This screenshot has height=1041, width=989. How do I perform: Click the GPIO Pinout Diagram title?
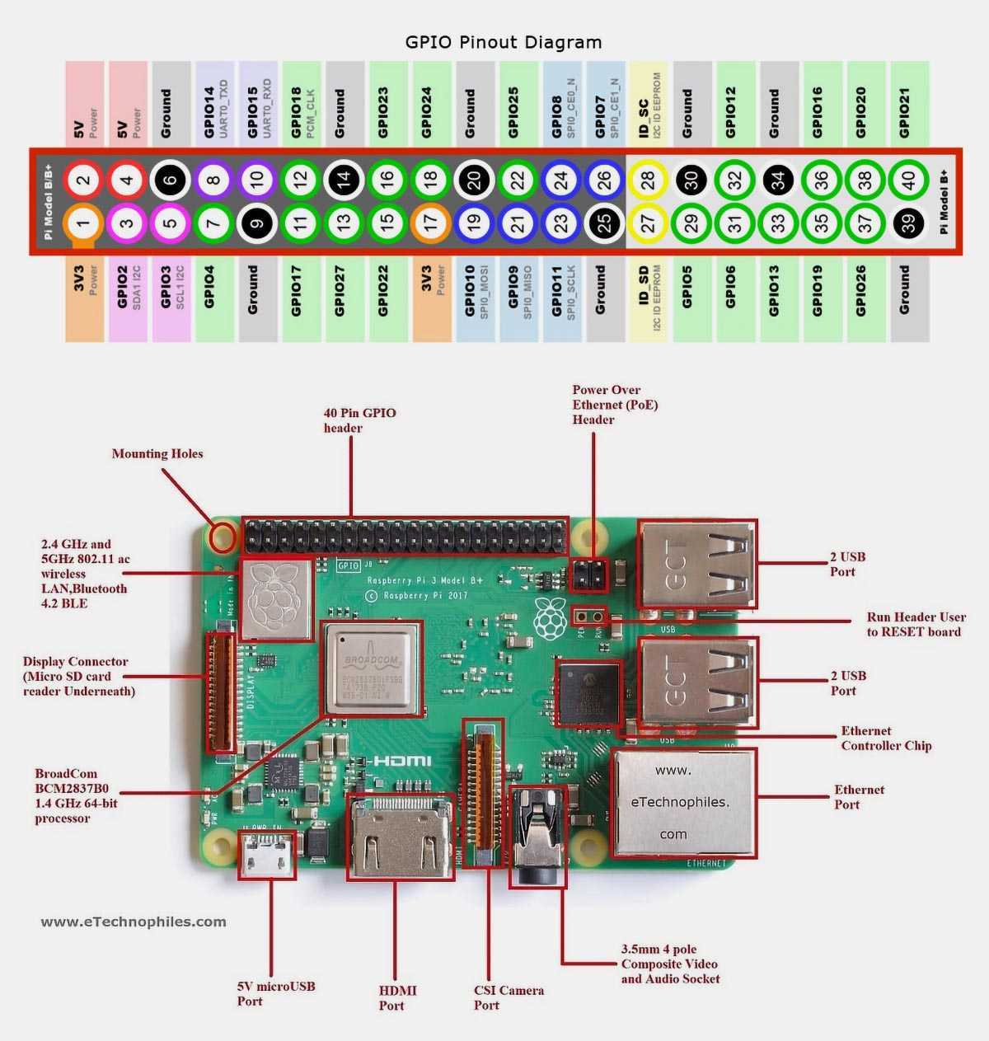503,42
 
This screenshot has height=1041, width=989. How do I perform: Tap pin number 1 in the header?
83,223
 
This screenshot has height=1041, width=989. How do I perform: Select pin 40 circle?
908,180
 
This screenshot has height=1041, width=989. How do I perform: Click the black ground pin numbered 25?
604,223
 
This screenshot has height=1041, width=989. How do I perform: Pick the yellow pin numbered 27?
648,223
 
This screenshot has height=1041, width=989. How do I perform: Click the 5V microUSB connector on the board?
266,855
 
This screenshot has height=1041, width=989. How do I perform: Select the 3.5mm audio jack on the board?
537,834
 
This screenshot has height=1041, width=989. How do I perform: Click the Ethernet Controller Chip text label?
886,739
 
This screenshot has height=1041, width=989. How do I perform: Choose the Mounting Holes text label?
157,453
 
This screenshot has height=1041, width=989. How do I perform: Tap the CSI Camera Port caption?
509,997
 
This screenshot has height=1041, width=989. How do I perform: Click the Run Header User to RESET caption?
916,624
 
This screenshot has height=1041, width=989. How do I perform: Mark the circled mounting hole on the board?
222,537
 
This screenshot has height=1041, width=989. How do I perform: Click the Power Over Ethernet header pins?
588,575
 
